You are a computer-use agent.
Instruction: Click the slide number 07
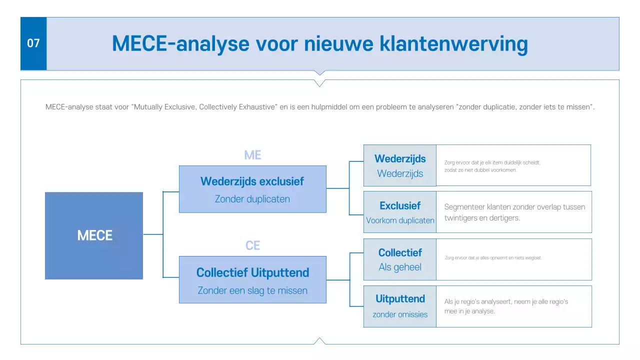point(33,43)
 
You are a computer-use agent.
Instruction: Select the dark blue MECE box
point(94,235)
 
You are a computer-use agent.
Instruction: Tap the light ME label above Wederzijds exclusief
point(252,155)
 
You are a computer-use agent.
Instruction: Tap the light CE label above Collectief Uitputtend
point(252,246)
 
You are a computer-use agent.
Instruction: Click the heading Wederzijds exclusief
point(252,181)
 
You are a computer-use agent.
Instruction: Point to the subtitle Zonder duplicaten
point(252,199)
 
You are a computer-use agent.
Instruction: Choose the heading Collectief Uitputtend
point(252,273)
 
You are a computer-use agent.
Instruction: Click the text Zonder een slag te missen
point(252,290)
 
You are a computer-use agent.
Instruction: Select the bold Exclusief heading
point(399,206)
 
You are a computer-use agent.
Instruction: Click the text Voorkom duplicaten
point(400,220)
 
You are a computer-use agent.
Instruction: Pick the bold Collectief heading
point(399,253)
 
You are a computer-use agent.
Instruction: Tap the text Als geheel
point(399,267)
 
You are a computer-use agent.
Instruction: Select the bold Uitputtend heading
point(400,299)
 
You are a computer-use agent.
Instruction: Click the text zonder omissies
point(400,314)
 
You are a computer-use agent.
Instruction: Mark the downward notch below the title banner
point(320,73)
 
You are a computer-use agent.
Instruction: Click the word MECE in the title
point(139,44)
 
